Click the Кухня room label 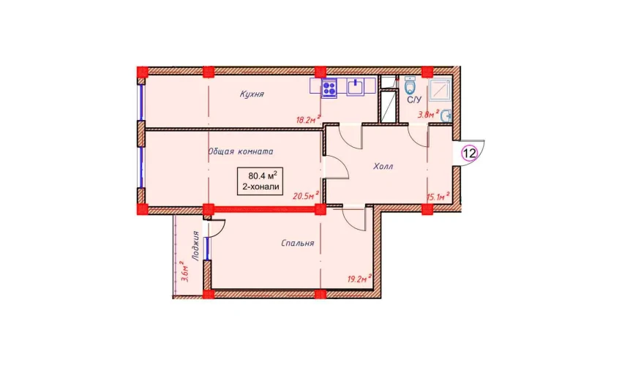pyautogui.click(x=252, y=94)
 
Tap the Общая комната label pyautogui.click(x=241, y=151)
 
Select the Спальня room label pyautogui.click(x=298, y=243)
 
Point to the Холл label pyautogui.click(x=383, y=167)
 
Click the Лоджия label pyautogui.click(x=195, y=246)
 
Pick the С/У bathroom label pyautogui.click(x=414, y=100)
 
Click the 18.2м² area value pyautogui.click(x=308, y=119)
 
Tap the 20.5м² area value pyautogui.click(x=306, y=195)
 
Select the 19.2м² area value pyautogui.click(x=359, y=278)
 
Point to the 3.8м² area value pyautogui.click(x=428, y=115)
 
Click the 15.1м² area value pyautogui.click(x=438, y=196)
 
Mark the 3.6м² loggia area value pyautogui.click(x=184, y=271)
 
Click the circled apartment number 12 pyautogui.click(x=469, y=153)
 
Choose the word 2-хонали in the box pyautogui.click(x=261, y=187)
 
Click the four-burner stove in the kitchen pyautogui.click(x=329, y=88)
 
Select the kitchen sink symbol pyautogui.click(x=356, y=87)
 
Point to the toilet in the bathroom pyautogui.click(x=411, y=85)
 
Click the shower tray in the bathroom pyautogui.click(x=440, y=90)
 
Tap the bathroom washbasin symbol pyautogui.click(x=446, y=116)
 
